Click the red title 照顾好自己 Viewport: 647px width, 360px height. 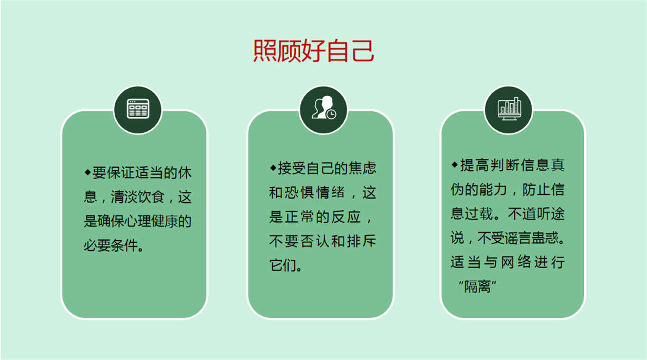pyautogui.click(x=314, y=51)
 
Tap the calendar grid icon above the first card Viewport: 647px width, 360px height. pyautogui.click(x=138, y=109)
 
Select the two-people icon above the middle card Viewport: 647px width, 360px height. pyautogui.click(x=323, y=107)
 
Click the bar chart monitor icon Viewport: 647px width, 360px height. pyautogui.click(x=509, y=109)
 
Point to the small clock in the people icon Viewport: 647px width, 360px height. pyautogui.click(x=331, y=114)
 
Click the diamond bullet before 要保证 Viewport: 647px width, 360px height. pyautogui.click(x=87, y=172)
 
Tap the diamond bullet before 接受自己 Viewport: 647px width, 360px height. pyautogui.click(x=273, y=168)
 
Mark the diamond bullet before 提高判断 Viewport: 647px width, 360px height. pyautogui.click(x=454, y=165)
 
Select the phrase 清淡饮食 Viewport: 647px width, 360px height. pyautogui.click(x=137, y=197)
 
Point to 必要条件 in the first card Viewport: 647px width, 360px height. pyautogui.click(x=111, y=246)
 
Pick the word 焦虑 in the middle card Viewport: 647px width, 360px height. pyautogui.click(x=362, y=168)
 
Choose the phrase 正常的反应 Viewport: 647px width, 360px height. pyautogui.click(x=322, y=217)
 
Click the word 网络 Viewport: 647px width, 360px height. pyautogui.click(x=516, y=262)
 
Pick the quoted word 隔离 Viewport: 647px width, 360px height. pyautogui.click(x=477, y=286)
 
